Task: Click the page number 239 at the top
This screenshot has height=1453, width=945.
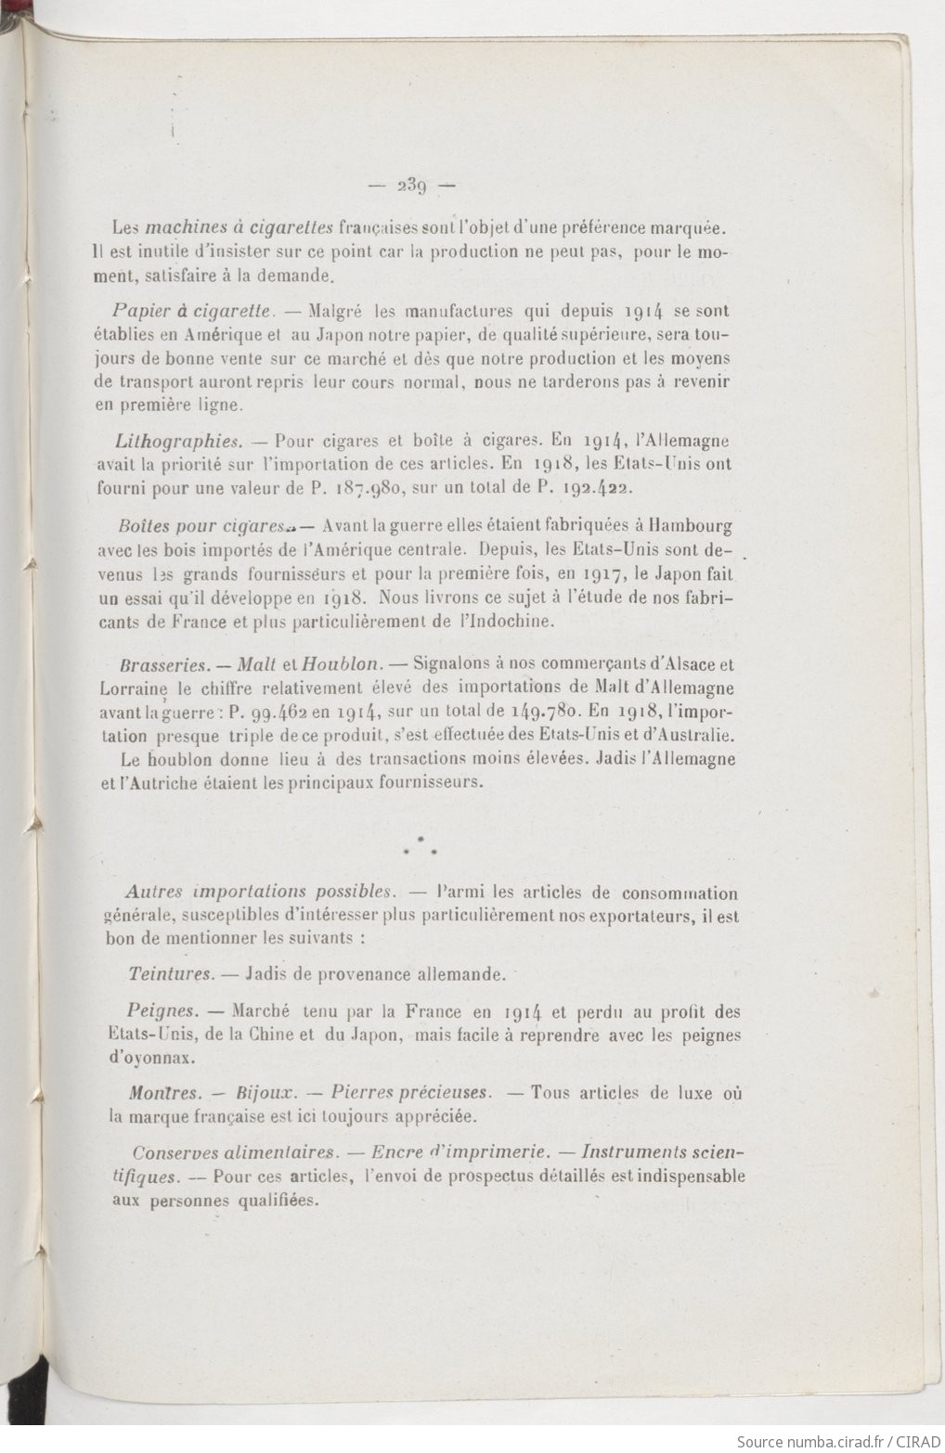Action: (x=408, y=184)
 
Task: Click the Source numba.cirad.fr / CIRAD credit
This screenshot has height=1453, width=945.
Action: (x=835, y=1441)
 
